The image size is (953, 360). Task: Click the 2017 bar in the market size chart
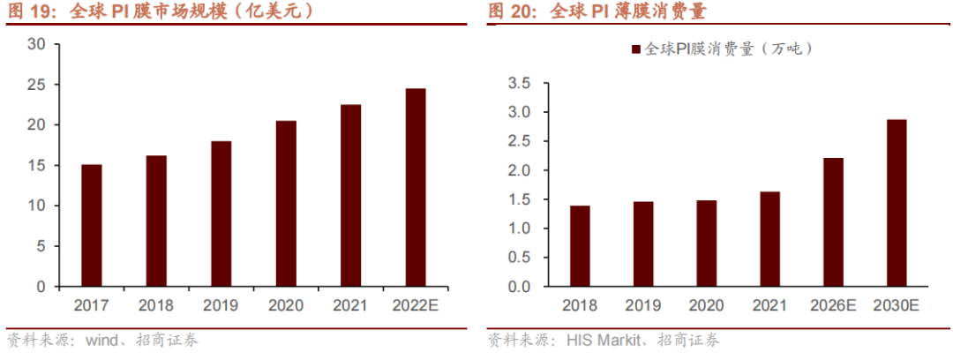[92, 225]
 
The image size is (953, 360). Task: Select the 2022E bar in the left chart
[416, 187]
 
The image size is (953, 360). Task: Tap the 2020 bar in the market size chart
[286, 203]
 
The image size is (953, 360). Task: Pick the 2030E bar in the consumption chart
[896, 203]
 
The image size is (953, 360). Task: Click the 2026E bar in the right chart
[832, 222]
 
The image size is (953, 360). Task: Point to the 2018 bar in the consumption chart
[580, 246]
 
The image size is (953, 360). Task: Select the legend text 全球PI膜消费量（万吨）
[729, 49]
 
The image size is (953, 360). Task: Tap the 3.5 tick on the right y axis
[519, 84]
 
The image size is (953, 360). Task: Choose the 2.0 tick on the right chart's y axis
[519, 170]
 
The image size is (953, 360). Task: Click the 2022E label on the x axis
[416, 306]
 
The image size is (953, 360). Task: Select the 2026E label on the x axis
[832, 306]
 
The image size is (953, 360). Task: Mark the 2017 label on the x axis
[92, 306]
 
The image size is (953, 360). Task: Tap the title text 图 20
[514, 12]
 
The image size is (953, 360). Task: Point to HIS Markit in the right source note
[601, 341]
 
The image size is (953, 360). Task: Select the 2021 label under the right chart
[769, 306]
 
